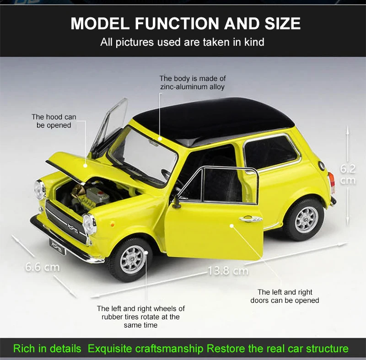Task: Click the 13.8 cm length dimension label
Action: coord(228,271)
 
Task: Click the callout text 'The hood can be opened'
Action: coord(54,121)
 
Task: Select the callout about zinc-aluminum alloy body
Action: coord(192,82)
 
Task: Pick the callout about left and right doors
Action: coord(285,296)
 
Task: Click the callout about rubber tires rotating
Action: coord(140,317)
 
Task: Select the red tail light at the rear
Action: coord(332,182)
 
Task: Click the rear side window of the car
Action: coord(270,152)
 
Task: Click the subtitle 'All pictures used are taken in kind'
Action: coord(183,43)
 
